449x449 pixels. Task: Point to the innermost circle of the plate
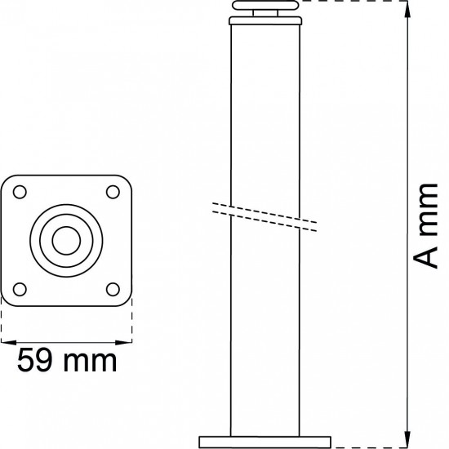66,239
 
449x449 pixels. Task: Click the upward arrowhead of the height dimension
407,7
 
